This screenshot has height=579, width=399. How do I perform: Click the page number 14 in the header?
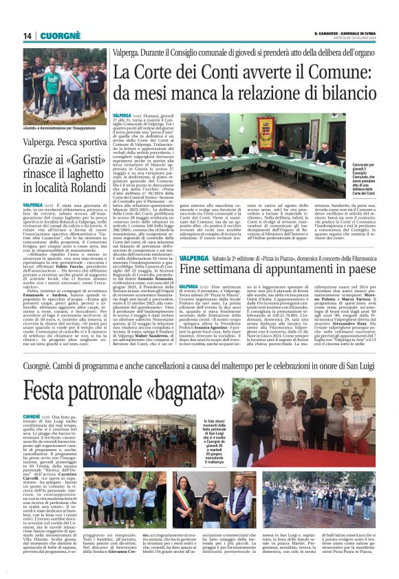28,36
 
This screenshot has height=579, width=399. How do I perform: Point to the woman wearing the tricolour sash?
185,499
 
